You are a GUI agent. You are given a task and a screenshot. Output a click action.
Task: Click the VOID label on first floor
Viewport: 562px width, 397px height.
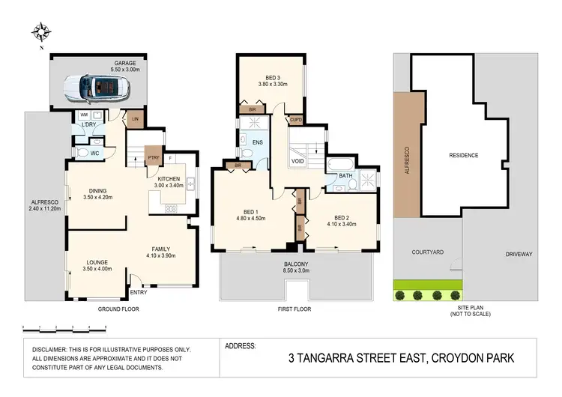(x=297, y=160)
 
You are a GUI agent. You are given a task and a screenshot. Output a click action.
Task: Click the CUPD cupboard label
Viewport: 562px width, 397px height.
(x=296, y=118)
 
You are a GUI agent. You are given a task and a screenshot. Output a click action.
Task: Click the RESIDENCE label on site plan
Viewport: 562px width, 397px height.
(x=463, y=155)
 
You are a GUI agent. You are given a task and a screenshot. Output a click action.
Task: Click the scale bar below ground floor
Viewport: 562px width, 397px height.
(x=64, y=328)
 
